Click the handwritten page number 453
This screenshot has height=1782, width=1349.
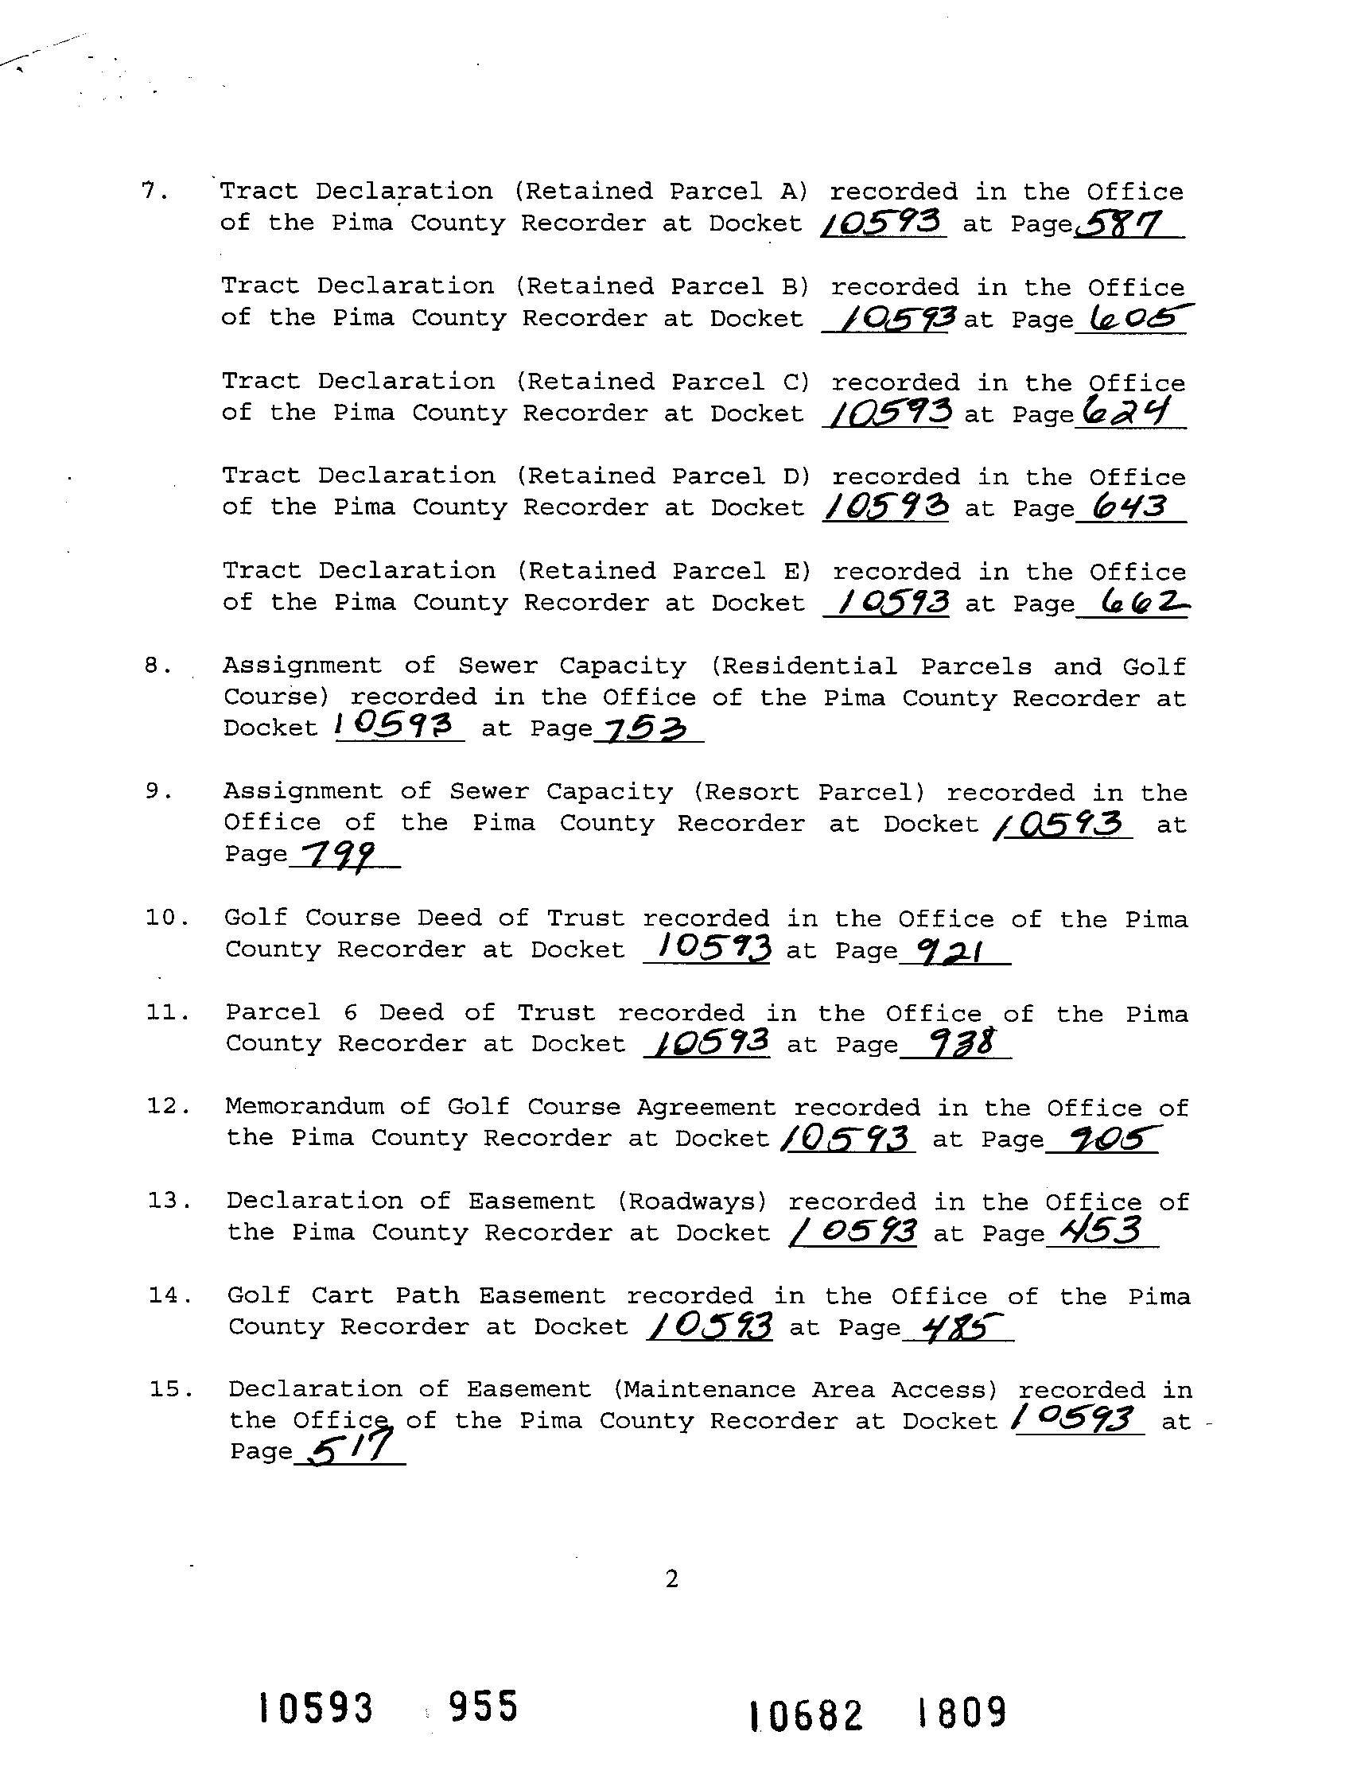1100,1230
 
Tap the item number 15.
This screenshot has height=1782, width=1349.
170,1389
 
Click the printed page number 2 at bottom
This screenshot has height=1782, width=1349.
672,1580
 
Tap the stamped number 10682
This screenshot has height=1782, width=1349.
805,1714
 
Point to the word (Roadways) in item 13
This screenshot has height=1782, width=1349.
691,1202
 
